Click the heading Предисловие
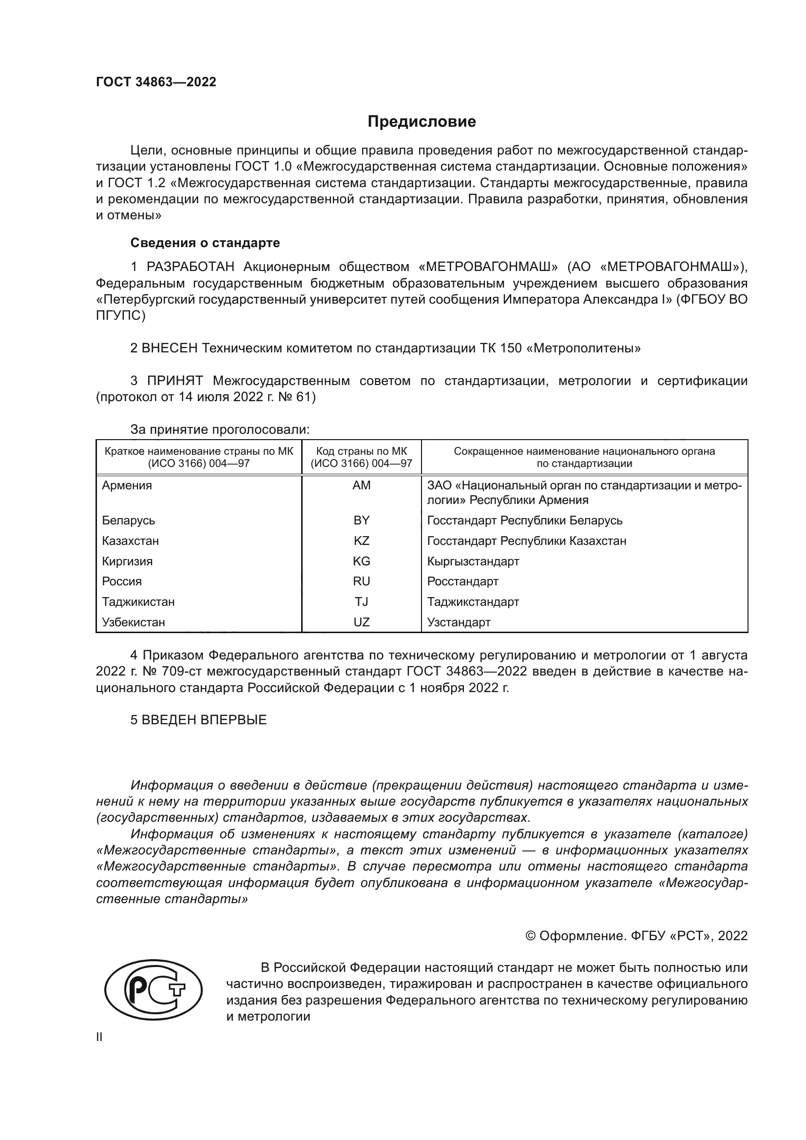click(x=422, y=122)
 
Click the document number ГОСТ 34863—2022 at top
click(x=156, y=82)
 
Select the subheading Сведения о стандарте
click(x=205, y=243)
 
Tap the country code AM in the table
click(x=361, y=485)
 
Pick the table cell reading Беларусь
click(x=129, y=521)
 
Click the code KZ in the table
click(x=361, y=541)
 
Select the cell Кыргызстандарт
click(x=473, y=561)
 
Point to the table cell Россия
click(x=122, y=581)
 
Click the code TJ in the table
click(x=361, y=602)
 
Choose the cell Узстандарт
click(x=458, y=622)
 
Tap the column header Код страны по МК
click(x=361, y=451)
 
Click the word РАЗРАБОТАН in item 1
click(x=190, y=267)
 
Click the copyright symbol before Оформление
click(x=530, y=936)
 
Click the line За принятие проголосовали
click(x=219, y=429)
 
